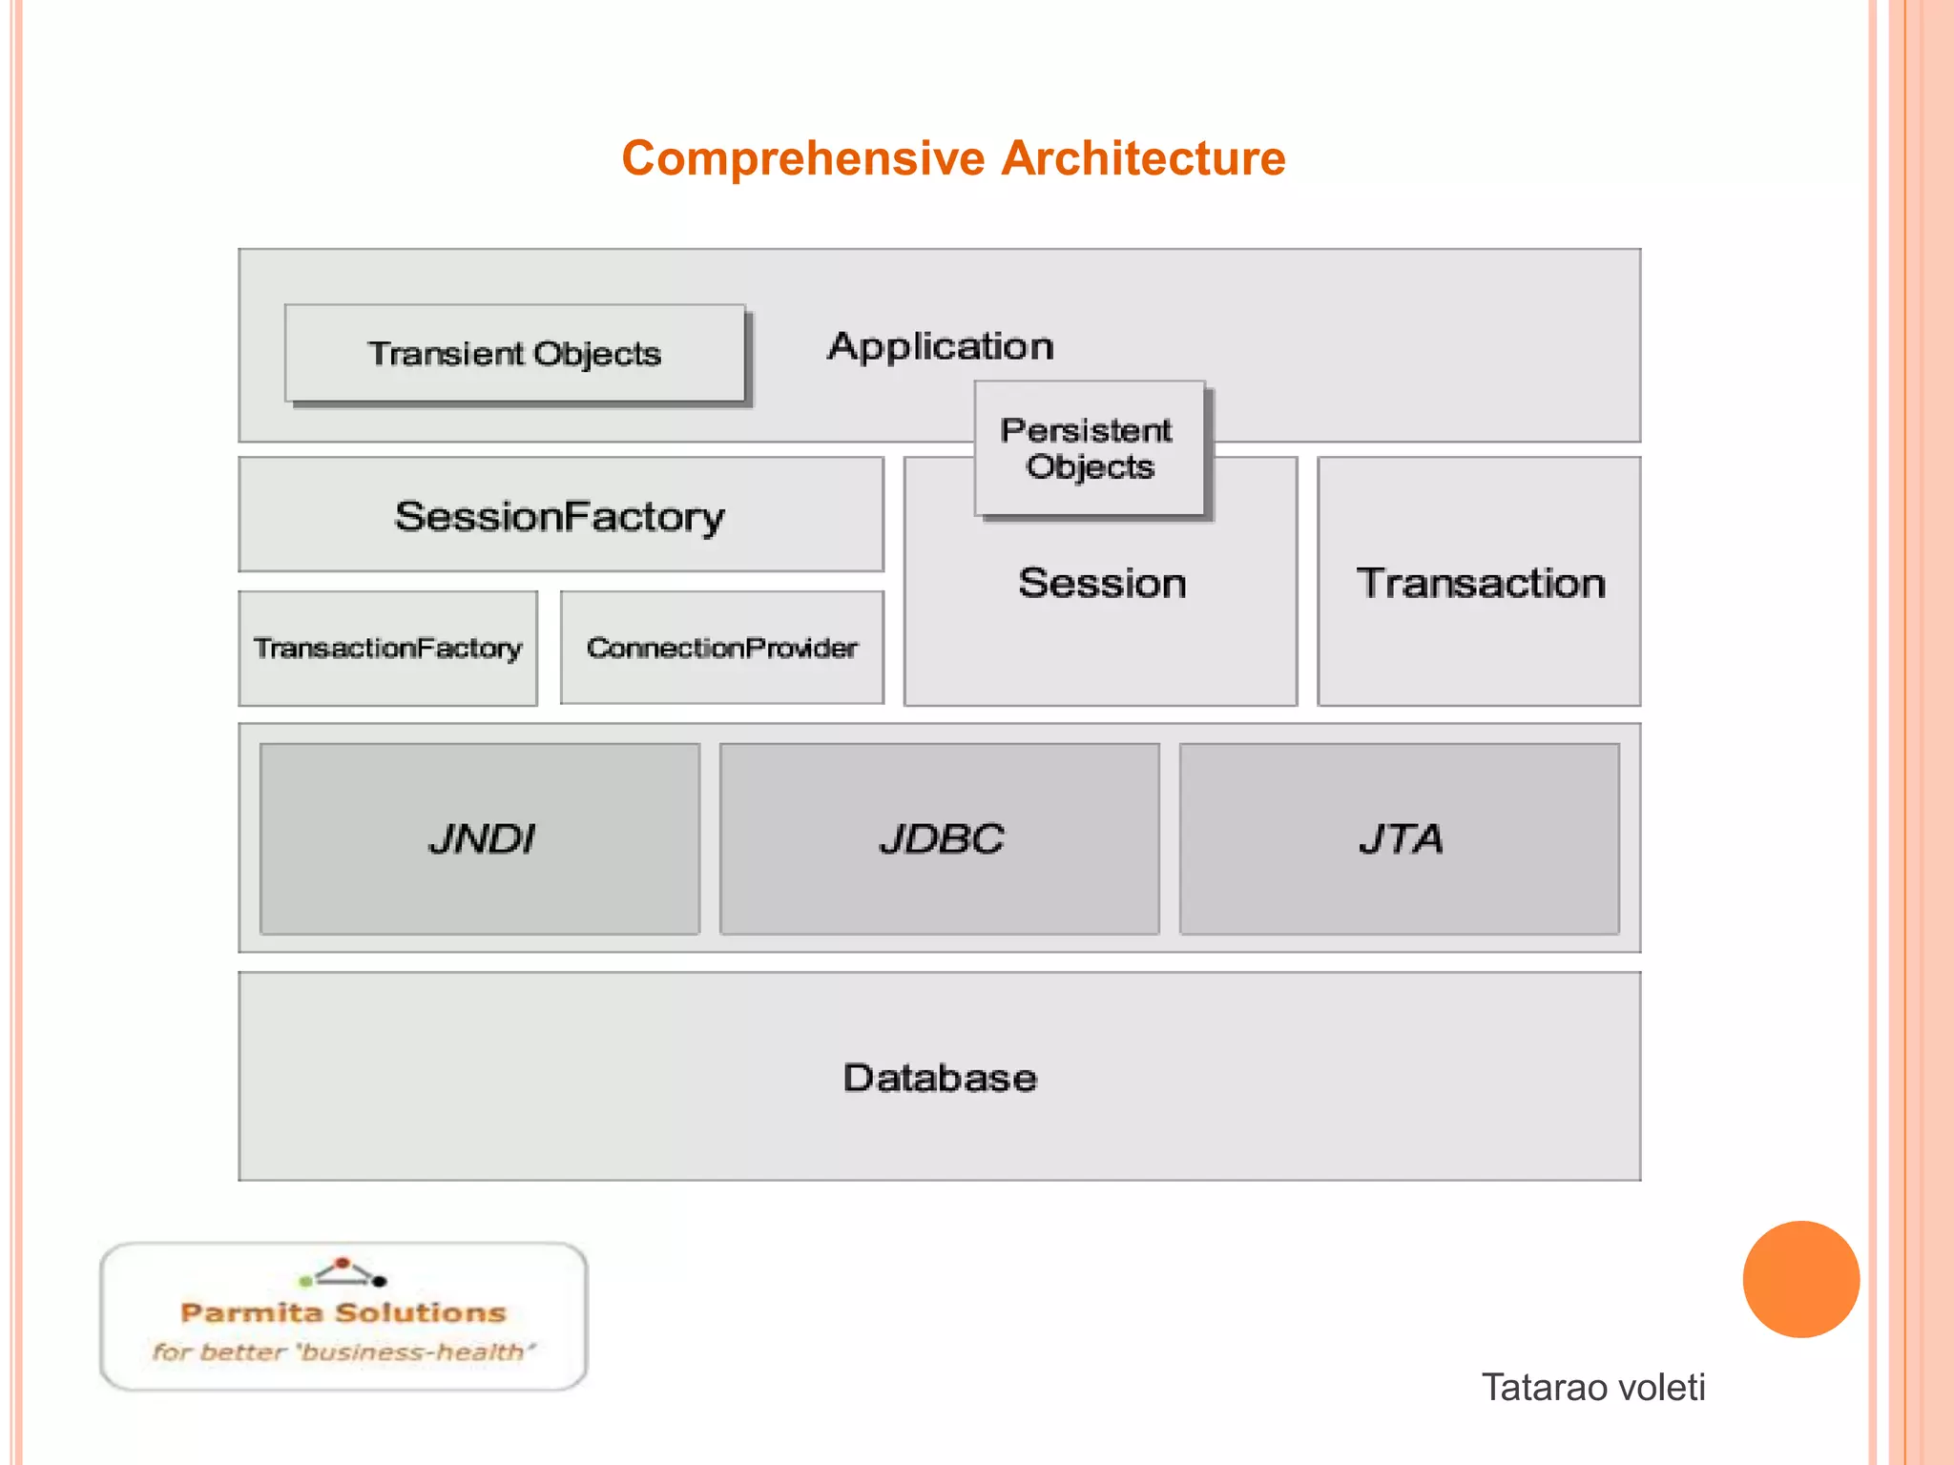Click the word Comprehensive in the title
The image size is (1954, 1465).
click(x=802, y=158)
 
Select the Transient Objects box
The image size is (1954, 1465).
click(x=514, y=354)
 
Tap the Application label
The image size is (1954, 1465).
click(x=941, y=346)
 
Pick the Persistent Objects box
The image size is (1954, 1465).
click(x=1089, y=448)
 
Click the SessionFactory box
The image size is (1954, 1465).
click(x=560, y=515)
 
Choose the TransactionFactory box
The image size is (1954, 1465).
click(x=387, y=649)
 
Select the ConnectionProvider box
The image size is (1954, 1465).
click(x=722, y=649)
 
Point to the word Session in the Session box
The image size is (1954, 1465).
click(x=1102, y=583)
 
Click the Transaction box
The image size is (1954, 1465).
click(x=1480, y=583)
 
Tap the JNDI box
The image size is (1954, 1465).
click(x=480, y=838)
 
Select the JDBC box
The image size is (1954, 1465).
click(x=940, y=838)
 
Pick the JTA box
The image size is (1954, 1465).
click(x=1400, y=838)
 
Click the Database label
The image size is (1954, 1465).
click(x=940, y=1078)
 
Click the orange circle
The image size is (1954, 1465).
click(x=1800, y=1279)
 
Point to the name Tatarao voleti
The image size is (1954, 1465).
click(x=1592, y=1387)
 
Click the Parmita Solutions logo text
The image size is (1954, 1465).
click(x=343, y=1313)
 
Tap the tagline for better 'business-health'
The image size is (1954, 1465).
click(x=343, y=1352)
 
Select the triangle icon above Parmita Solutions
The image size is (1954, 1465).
click(x=343, y=1272)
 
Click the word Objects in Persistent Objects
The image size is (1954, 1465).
click(x=1091, y=467)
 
